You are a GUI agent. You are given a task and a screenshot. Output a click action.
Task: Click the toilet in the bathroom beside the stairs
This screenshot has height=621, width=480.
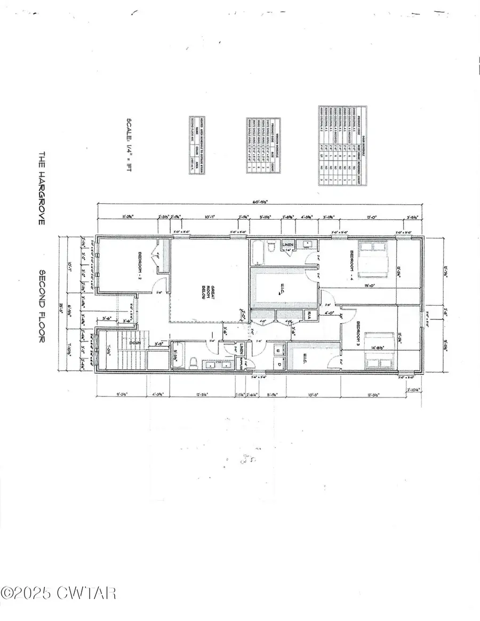point(195,362)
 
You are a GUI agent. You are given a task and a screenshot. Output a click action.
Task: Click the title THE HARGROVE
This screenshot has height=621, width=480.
point(42,186)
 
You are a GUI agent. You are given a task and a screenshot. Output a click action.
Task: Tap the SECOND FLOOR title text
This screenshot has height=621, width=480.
point(42,306)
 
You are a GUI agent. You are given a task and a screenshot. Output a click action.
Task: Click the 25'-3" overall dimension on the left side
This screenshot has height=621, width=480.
point(62,306)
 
